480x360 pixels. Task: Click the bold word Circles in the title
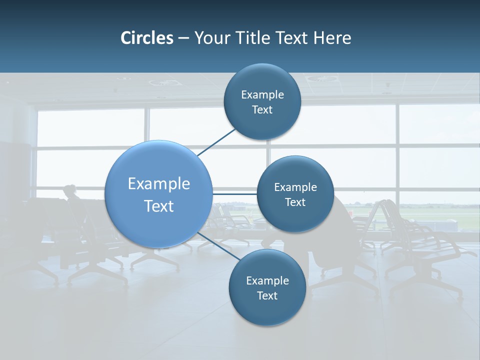[x=147, y=38]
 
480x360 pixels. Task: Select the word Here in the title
[x=332, y=38]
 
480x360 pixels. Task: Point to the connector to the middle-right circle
[x=235, y=193]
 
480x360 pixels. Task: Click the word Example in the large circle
[x=159, y=184]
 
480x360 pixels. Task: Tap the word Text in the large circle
[x=159, y=206]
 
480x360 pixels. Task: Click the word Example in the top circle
[x=262, y=94]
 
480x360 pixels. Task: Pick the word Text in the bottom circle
[x=267, y=295]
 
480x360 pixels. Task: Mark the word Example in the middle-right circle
[x=295, y=187]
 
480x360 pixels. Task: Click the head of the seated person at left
[x=69, y=190]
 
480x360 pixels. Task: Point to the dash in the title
[x=183, y=38]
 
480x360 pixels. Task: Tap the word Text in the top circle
[x=262, y=109]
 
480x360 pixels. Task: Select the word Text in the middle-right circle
[x=295, y=202]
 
